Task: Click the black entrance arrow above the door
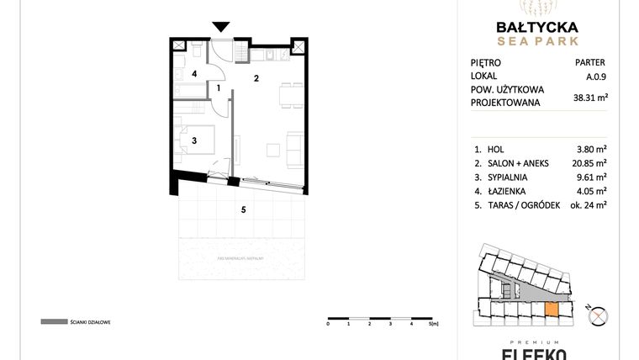point(221,27)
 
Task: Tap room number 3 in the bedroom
point(194,140)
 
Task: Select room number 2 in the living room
point(256,78)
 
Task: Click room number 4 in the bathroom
point(194,74)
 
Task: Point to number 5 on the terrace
point(243,209)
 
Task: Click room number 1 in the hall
point(219,87)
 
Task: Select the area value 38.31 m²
point(590,98)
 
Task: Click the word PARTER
point(589,62)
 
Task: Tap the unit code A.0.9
point(595,76)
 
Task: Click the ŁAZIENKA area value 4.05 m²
point(591,192)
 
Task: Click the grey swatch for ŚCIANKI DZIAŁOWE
point(53,321)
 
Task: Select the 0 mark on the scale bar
point(328,322)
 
